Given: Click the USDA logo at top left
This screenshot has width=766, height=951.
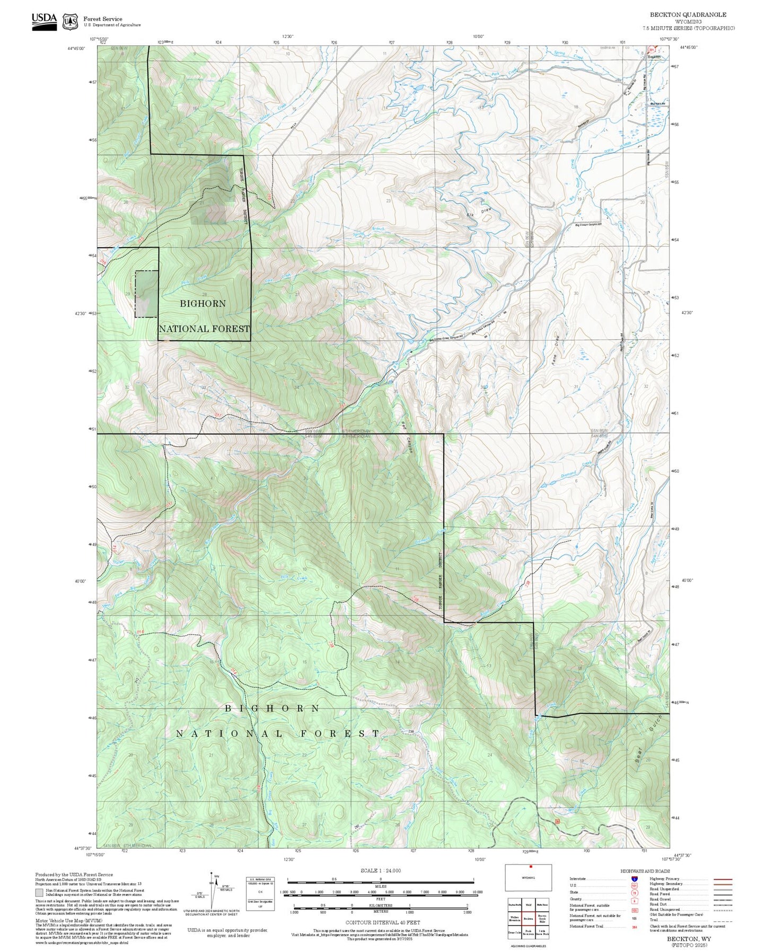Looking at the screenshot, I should point(44,21).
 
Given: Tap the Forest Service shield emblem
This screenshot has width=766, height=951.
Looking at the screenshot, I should point(70,22).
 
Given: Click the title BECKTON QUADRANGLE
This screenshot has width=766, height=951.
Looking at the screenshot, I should point(688,15).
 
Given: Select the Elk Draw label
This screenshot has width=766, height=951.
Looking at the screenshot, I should point(479,212).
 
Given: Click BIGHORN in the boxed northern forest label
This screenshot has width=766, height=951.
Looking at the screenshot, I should point(202,304).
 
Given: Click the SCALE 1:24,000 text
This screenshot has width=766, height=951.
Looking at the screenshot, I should point(380,870).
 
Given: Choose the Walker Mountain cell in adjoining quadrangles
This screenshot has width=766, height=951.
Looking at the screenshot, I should point(514,919).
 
